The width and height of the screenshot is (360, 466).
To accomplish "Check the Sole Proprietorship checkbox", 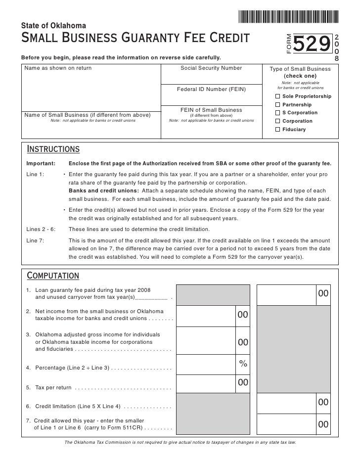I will pyautogui.click(x=277, y=96).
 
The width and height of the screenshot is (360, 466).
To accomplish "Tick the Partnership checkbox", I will pyautogui.click(x=277, y=105).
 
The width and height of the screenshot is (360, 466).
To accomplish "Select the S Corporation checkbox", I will pyautogui.click(x=277, y=113).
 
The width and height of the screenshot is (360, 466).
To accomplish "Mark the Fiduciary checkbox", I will pyautogui.click(x=277, y=130).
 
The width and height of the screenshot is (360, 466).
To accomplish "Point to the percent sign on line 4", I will pyautogui.click(x=243, y=364).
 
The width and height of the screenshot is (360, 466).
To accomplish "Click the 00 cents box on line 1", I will pyautogui.click(x=323, y=294).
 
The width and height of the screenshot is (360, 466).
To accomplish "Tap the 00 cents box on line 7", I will pyautogui.click(x=323, y=424).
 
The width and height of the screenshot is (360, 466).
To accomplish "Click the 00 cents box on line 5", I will pyautogui.click(x=243, y=382).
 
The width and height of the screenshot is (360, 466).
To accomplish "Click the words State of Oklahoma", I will pyautogui.click(x=54, y=25).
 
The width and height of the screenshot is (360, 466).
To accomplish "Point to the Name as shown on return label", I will pyautogui.click(x=58, y=68).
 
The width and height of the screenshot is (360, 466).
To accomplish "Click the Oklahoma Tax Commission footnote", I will pyautogui.click(x=180, y=442).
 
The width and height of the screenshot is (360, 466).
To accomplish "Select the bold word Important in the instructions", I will pyautogui.click(x=41, y=164).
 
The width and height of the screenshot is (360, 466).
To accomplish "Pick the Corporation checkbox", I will pyautogui.click(x=277, y=121).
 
